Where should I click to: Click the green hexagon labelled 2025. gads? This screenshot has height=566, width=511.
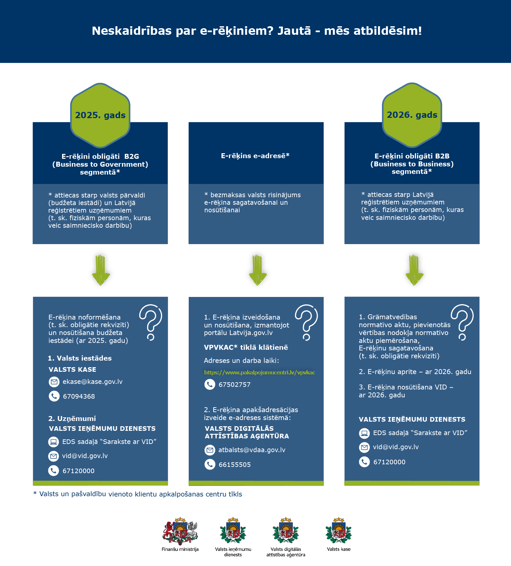point(100,115)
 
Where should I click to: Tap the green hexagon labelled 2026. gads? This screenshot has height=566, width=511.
point(412,115)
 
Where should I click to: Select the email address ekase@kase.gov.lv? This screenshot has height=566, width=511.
point(93,382)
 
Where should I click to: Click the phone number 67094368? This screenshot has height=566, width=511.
point(79,396)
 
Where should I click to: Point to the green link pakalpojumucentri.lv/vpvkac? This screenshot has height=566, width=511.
point(260,372)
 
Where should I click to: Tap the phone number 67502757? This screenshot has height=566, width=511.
point(235,385)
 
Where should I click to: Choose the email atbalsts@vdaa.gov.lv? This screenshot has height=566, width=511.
point(252,450)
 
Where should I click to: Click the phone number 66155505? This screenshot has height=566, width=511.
point(235,465)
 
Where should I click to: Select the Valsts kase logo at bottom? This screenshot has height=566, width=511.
point(338,531)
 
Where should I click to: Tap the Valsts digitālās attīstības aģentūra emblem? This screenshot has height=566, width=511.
point(286,531)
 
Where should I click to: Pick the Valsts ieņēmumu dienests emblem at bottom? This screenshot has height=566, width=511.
point(233,531)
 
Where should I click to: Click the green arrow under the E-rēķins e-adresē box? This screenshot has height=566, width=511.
point(258,270)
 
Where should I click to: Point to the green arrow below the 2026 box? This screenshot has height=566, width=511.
point(414,270)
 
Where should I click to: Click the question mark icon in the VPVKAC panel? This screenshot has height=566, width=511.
point(307,322)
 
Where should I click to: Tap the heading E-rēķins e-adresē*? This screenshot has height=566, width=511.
point(255,156)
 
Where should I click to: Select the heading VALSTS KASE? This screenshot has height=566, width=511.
point(73,369)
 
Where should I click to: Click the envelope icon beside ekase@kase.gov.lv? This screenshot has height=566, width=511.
point(54,382)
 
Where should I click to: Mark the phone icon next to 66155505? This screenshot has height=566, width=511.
point(210,464)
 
